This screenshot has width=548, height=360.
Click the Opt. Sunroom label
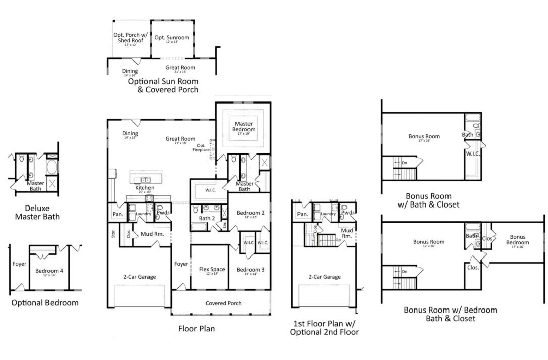point(172,38)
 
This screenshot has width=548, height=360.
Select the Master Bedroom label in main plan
point(243,126)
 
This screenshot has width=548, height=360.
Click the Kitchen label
point(144,188)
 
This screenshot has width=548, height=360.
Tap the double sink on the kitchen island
point(145,179)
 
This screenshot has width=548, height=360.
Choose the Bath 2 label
point(207,218)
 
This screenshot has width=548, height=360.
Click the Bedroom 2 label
point(251,213)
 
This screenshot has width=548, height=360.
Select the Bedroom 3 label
point(251,269)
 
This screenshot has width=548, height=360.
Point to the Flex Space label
point(212,269)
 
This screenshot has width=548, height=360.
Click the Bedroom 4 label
point(48,271)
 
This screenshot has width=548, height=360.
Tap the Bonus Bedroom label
point(518,240)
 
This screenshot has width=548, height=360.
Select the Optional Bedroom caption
point(45,303)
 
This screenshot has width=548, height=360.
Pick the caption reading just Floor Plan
point(196,329)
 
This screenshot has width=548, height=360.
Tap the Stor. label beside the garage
point(114,234)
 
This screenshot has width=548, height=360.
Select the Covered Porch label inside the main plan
point(223,303)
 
